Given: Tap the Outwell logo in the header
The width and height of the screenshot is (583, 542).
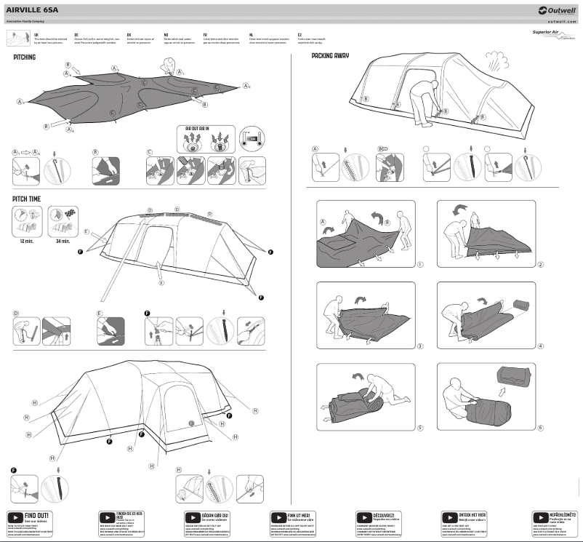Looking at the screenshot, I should click(x=557, y=9).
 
